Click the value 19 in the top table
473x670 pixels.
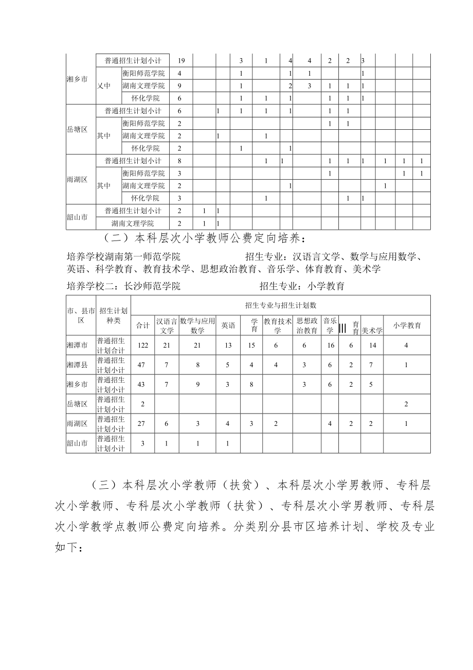(x=181, y=61)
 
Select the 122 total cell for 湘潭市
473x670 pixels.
(x=142, y=345)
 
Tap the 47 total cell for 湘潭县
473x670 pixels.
(x=142, y=365)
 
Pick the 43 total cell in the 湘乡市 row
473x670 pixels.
(x=142, y=384)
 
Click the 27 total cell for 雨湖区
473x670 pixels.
(x=142, y=423)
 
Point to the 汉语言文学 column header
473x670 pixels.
(x=167, y=325)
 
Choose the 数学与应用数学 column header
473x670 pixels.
(x=197, y=325)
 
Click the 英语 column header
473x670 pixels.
(x=228, y=325)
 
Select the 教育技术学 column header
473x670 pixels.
(x=277, y=325)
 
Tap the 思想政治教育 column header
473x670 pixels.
(x=307, y=325)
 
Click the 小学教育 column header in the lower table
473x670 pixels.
(x=407, y=325)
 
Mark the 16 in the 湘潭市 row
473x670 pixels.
(x=330, y=345)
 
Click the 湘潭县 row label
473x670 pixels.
(x=77, y=365)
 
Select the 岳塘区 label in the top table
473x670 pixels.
(x=77, y=129)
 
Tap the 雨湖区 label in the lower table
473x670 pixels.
(x=77, y=423)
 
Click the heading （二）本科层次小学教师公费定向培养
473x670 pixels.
(x=204, y=238)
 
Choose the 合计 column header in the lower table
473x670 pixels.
(x=142, y=325)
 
